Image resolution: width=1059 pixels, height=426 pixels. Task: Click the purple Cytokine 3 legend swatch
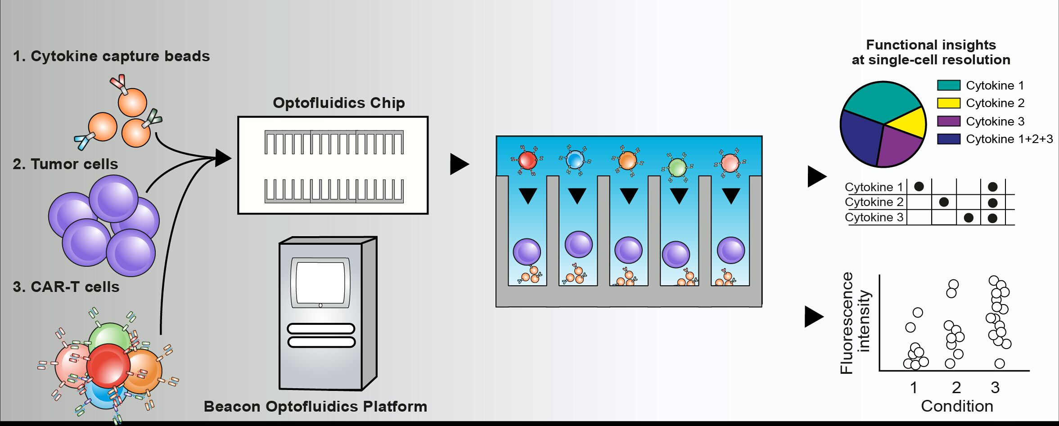(949, 121)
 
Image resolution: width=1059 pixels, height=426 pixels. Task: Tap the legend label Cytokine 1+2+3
(1009, 139)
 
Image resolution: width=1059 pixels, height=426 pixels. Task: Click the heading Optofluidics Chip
(339, 103)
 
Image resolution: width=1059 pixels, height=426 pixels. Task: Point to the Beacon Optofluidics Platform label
(315, 407)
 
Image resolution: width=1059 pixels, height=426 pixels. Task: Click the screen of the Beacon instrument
(320, 283)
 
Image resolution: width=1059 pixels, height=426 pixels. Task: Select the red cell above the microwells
(527, 160)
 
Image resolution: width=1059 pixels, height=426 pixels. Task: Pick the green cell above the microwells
(677, 168)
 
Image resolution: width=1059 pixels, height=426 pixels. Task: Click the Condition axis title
(957, 406)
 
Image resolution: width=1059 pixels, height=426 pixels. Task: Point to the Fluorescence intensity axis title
(855, 323)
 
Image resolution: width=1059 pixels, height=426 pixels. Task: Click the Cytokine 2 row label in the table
(874, 202)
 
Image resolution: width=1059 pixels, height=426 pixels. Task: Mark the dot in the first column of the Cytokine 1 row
(919, 186)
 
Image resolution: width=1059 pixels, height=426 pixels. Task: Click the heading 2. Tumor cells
(65, 164)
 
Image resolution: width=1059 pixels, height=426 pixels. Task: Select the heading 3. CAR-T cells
(66, 287)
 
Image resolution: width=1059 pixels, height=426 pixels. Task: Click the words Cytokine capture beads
(120, 56)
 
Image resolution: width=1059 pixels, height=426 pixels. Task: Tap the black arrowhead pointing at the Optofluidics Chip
(223, 158)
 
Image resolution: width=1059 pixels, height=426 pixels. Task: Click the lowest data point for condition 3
(1000, 363)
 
